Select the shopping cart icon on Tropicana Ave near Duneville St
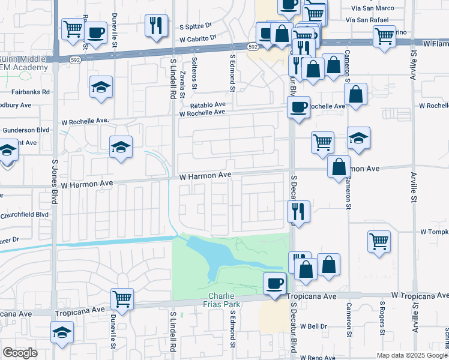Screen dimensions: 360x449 click(x=122, y=298)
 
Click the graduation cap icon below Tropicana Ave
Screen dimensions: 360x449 click(x=62, y=332)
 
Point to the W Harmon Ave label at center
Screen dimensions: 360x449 click(x=205, y=175)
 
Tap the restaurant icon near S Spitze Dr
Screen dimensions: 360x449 click(x=156, y=25)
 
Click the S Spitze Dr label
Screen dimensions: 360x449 click(x=196, y=26)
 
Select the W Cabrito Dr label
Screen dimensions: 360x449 click(x=197, y=37)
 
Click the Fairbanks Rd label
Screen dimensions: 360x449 click(x=30, y=92)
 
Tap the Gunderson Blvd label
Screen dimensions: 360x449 click(x=26, y=130)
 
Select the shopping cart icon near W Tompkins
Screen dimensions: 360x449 click(x=379, y=241)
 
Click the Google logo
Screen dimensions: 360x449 click(x=20, y=353)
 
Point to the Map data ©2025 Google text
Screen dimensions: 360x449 click(x=412, y=355)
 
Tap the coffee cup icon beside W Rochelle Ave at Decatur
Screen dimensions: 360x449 click(x=298, y=107)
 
